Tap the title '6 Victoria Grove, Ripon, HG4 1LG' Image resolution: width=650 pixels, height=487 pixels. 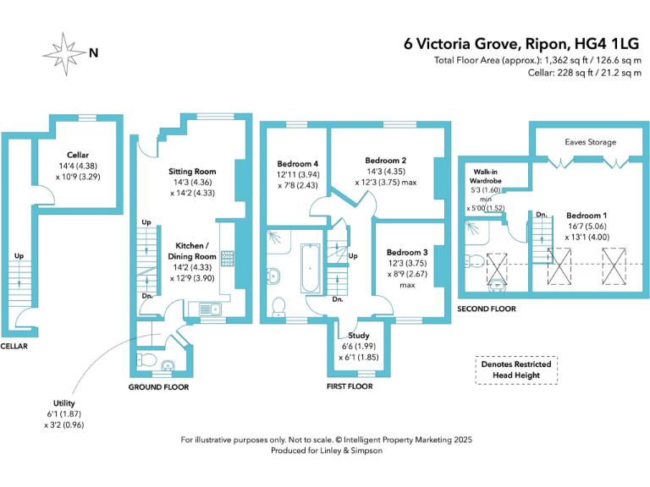[523, 44]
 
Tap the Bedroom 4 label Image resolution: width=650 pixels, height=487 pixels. [298, 163]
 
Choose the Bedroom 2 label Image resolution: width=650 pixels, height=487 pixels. [386, 160]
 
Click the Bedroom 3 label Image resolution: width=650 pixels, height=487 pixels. [406, 252]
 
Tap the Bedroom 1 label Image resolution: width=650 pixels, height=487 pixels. [587, 216]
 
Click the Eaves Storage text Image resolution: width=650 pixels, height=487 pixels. [590, 142]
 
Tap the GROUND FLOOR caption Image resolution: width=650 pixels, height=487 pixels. [158, 386]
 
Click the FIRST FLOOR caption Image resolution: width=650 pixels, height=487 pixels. [350, 386]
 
